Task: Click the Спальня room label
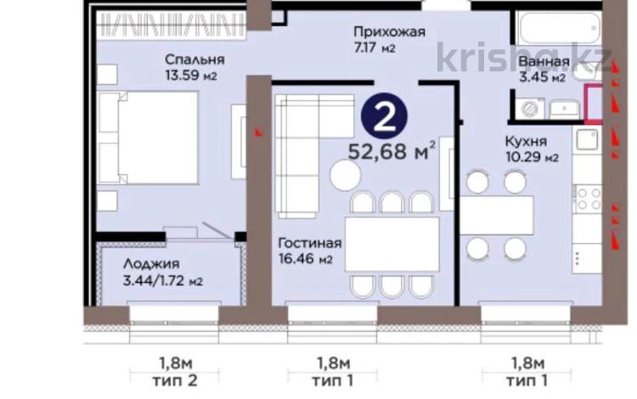[x=195, y=60]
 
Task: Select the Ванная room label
[x=542, y=62]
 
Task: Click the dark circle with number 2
[x=385, y=116]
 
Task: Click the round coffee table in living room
[x=346, y=176]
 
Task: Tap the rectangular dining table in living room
[x=392, y=244]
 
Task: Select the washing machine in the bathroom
[x=529, y=110]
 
